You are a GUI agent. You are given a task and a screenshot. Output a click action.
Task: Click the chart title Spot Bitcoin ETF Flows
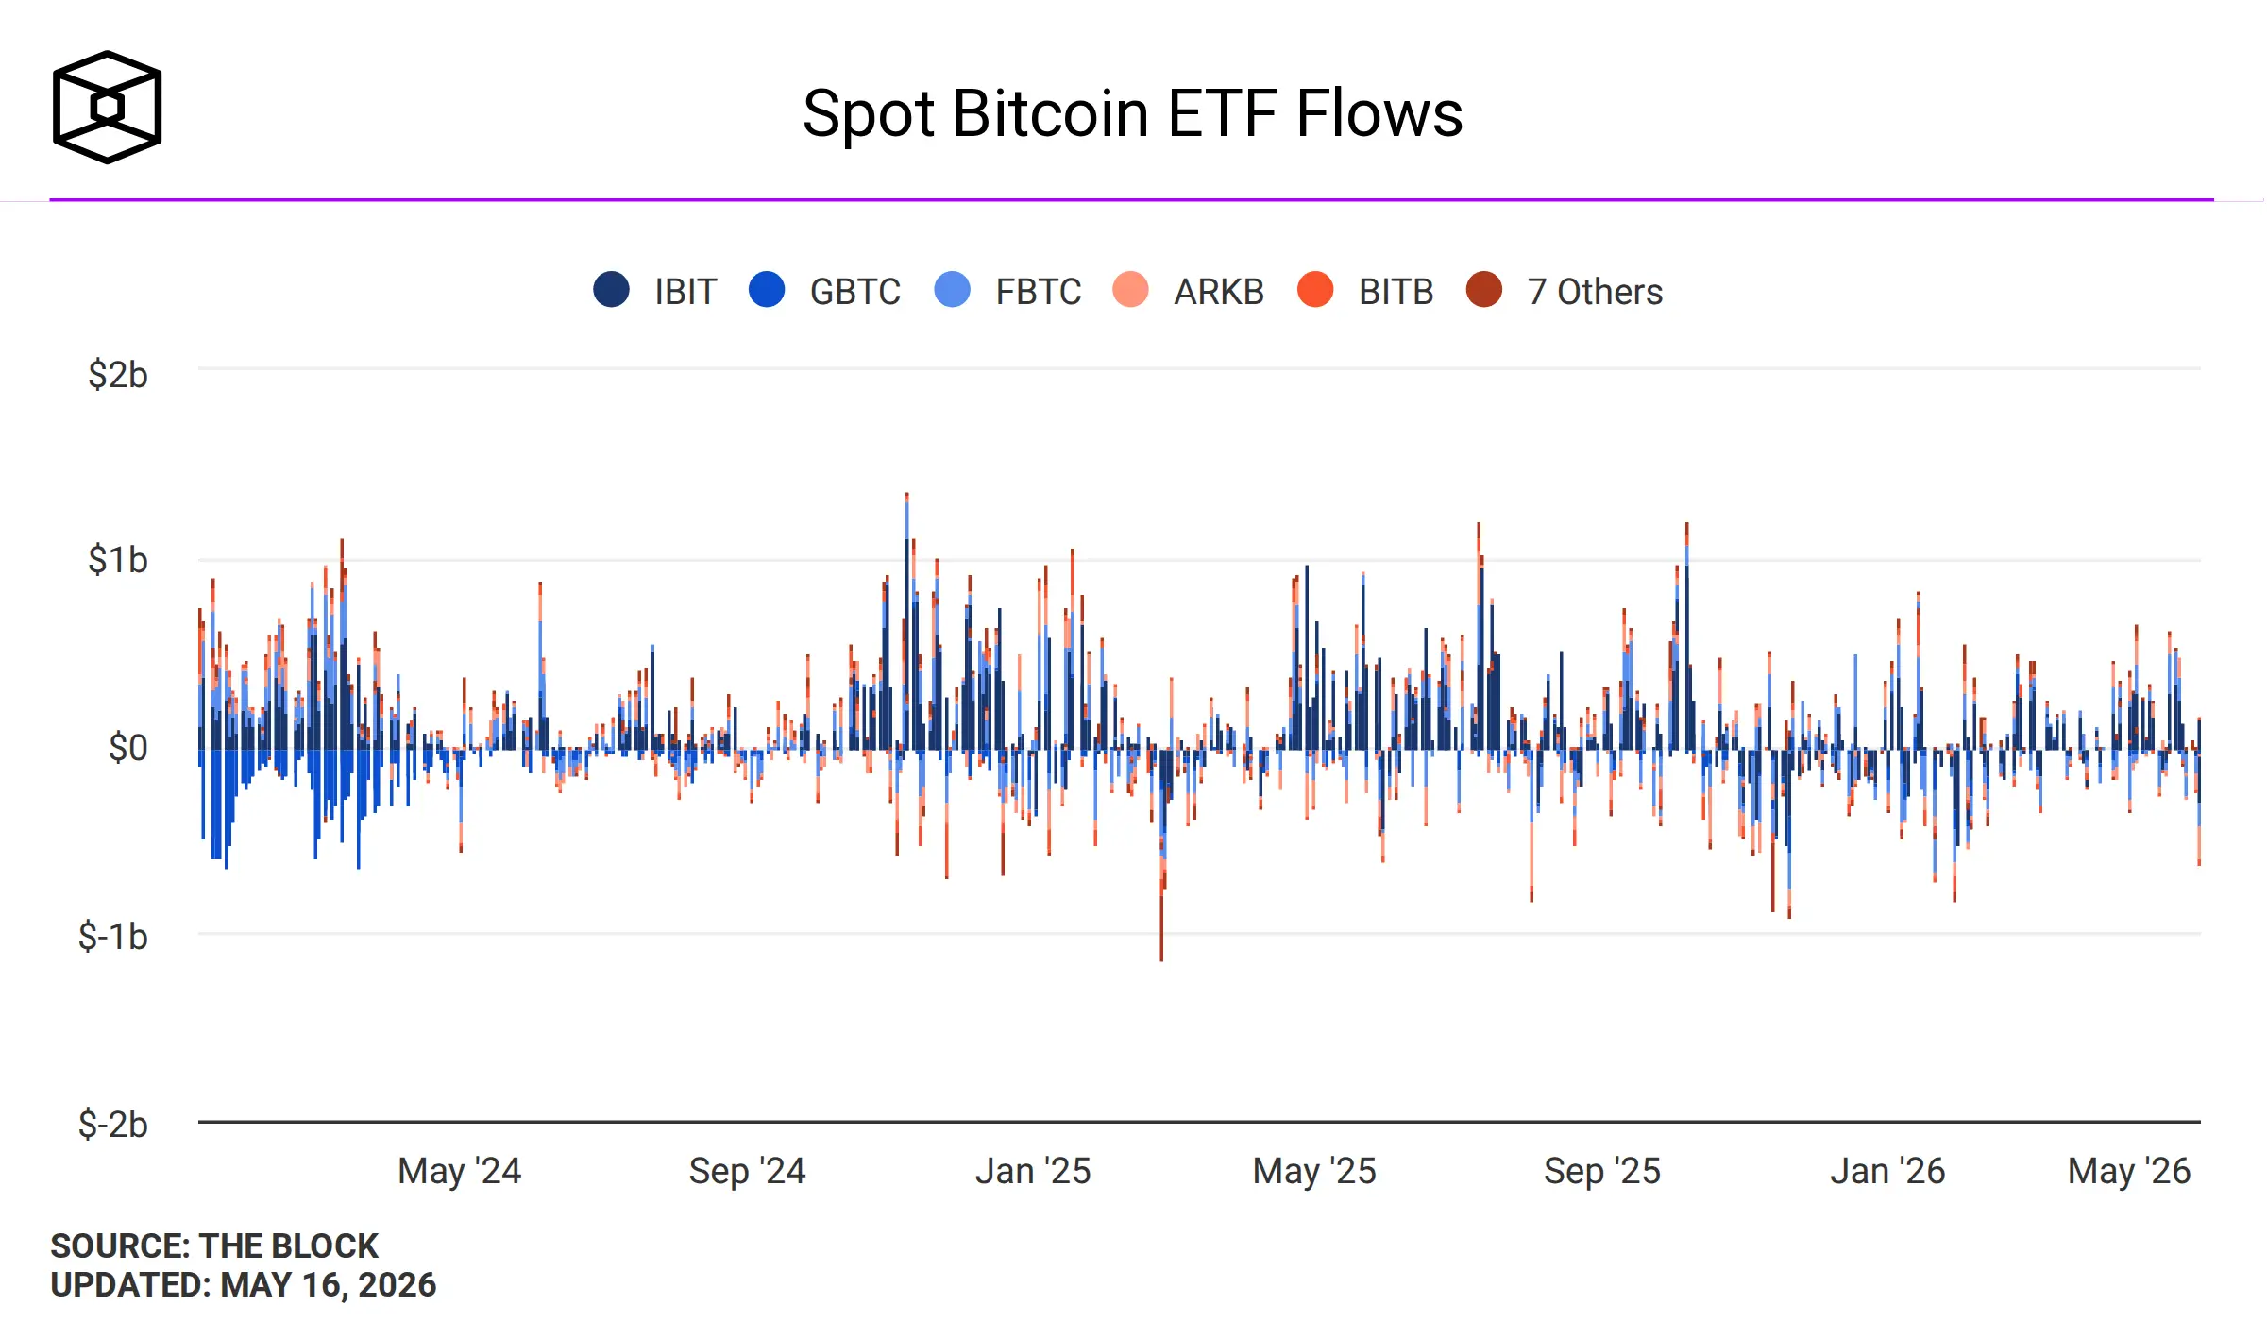[1132, 114]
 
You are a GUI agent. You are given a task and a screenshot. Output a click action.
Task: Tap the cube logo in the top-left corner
[107, 107]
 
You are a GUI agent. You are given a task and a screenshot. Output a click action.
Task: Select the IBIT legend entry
[655, 291]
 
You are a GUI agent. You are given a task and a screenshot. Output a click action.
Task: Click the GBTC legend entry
[824, 291]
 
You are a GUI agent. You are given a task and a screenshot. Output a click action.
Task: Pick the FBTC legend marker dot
[952, 290]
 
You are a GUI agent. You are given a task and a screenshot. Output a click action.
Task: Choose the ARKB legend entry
[1189, 291]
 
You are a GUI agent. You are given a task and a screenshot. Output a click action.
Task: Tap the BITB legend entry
[1365, 291]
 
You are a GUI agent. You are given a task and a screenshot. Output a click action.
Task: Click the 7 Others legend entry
[1565, 291]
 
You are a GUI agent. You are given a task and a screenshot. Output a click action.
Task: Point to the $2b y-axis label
[118, 375]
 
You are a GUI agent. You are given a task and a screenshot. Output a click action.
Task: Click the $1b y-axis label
[118, 560]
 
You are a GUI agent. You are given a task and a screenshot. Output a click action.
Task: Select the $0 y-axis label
[128, 748]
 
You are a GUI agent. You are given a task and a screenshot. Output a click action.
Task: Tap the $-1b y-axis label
[113, 936]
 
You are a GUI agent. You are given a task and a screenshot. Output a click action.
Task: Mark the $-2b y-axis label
[113, 1124]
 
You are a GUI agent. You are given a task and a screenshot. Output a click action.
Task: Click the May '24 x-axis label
[460, 1171]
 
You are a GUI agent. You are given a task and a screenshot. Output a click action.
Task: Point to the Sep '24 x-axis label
[747, 1171]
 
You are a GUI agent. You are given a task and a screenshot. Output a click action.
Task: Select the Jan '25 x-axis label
[1033, 1171]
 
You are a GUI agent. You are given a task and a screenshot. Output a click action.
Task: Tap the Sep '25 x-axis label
[1602, 1171]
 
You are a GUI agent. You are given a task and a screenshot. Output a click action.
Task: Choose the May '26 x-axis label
[2129, 1171]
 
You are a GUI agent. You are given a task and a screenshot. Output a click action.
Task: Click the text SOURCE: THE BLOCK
[214, 1246]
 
